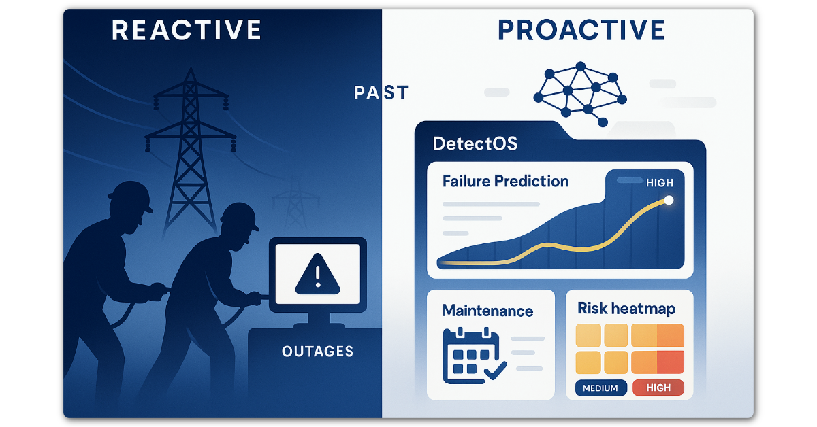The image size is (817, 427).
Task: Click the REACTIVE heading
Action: coord(187,31)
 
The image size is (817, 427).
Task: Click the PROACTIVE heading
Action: coord(581,30)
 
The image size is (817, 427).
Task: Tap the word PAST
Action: coord(381,92)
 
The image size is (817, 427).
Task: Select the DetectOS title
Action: coord(475,144)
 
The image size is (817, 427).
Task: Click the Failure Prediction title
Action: coord(505,182)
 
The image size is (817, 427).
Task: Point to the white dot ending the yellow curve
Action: coord(669,200)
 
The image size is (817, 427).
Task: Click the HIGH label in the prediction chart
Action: coord(659,183)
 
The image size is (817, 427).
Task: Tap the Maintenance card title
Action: coord(487,311)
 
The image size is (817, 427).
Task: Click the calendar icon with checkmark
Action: coord(472,355)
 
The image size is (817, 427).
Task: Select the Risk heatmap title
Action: coord(626,309)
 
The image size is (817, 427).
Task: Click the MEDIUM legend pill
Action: coord(600,388)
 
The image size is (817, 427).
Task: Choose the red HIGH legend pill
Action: coord(658,388)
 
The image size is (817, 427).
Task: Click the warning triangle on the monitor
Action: coord(317,275)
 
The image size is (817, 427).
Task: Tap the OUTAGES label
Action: coord(317,352)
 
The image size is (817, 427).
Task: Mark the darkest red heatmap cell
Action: coord(671,361)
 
